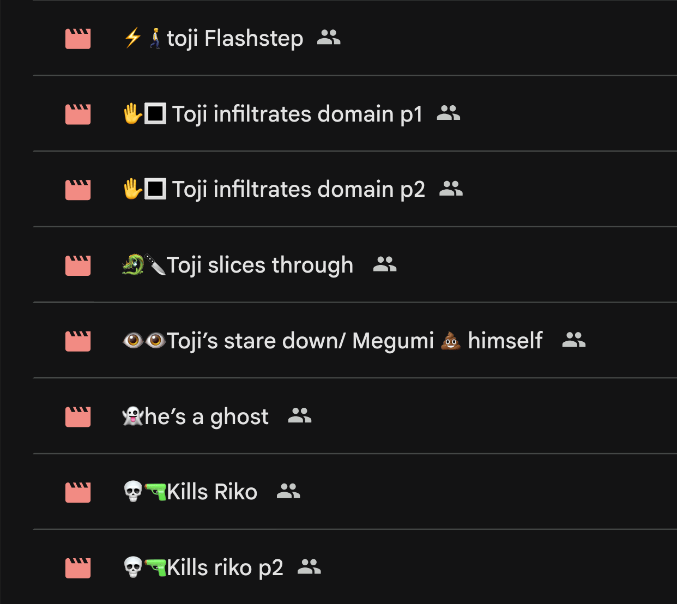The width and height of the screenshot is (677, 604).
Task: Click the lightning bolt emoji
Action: (x=132, y=38)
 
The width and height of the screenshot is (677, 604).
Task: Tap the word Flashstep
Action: (x=253, y=38)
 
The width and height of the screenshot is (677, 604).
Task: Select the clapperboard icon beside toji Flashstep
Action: (x=78, y=39)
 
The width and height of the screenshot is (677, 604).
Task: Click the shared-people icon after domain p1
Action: (x=449, y=113)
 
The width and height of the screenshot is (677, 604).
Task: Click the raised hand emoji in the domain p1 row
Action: (x=132, y=113)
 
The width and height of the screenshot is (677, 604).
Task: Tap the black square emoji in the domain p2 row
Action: (x=155, y=189)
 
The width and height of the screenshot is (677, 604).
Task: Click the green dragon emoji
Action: (x=133, y=264)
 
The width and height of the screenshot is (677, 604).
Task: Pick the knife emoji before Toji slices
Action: (x=155, y=264)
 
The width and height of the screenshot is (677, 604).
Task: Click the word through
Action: (x=312, y=265)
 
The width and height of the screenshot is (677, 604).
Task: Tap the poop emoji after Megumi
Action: (x=451, y=341)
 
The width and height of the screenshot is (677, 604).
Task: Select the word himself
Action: (x=505, y=341)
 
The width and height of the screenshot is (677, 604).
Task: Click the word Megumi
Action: (x=393, y=341)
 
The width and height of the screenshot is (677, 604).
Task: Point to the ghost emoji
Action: (x=132, y=416)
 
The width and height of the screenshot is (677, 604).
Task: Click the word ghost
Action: (x=239, y=418)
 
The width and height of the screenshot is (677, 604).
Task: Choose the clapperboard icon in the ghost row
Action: (x=78, y=417)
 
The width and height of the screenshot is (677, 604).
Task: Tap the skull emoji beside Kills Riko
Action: (x=132, y=491)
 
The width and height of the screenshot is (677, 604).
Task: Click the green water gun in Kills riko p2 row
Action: (x=155, y=567)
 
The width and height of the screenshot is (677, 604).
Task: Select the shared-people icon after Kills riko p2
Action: (x=309, y=566)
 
